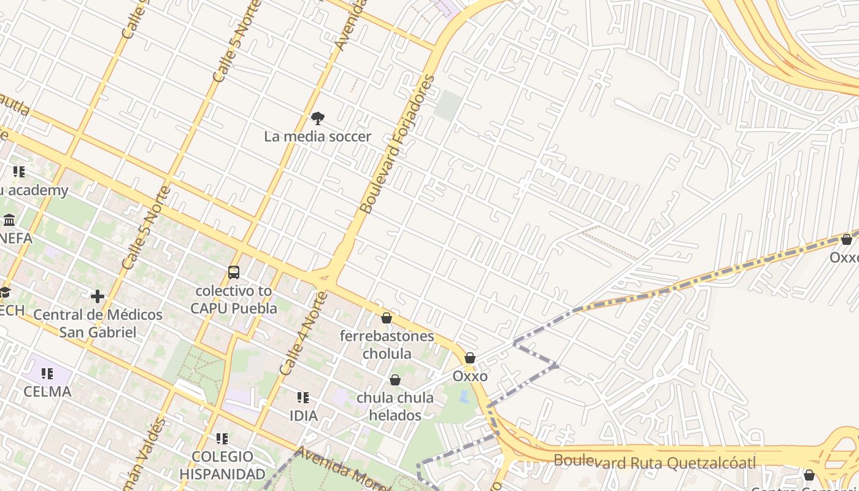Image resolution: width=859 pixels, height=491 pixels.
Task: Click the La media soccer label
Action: tap(317, 136)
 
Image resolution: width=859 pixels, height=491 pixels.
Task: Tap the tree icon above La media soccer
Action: tap(317, 118)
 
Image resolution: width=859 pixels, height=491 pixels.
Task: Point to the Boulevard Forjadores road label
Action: tap(398, 144)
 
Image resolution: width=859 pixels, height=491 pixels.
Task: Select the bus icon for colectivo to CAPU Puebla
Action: tap(233, 272)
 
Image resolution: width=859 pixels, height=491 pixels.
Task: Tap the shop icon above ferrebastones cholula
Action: tap(386, 318)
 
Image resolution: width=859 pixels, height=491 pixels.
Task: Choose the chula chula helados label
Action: tap(395, 406)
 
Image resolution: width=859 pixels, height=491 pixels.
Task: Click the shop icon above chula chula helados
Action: tap(395, 380)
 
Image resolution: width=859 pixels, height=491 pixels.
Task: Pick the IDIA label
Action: tap(303, 416)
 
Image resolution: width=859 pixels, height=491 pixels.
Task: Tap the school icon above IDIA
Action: tap(302, 398)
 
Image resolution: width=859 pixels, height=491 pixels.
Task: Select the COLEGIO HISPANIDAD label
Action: tap(222, 465)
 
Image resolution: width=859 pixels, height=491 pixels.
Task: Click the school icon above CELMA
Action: tap(47, 373)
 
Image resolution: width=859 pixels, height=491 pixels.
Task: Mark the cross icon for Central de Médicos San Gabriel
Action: tap(97, 296)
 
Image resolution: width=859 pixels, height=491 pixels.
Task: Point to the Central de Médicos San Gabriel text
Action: tap(98, 323)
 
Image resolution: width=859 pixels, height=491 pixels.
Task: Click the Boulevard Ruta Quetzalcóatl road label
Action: tap(654, 462)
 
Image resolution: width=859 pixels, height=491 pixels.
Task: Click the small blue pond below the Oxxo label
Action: tap(464, 396)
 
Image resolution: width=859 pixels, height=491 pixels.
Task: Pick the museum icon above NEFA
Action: tap(9, 220)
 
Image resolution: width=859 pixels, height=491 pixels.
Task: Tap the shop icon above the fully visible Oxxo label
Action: tap(469, 358)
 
